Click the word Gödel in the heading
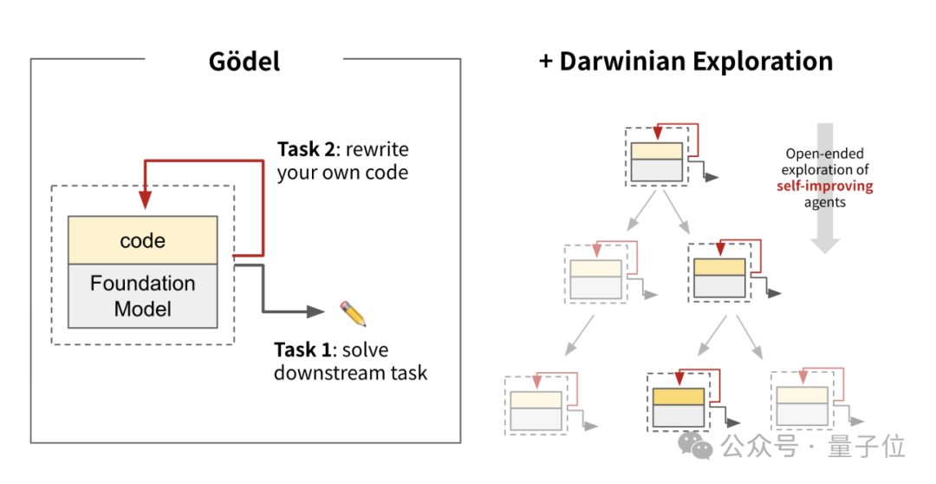pyautogui.click(x=244, y=62)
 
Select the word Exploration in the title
pyautogui.click(x=766, y=62)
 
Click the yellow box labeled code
pyautogui.click(x=142, y=240)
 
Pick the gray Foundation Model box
pyautogui.click(x=142, y=296)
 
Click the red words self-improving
pyautogui.click(x=825, y=186)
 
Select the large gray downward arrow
pyautogui.click(x=825, y=186)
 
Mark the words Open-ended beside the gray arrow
pyautogui.click(x=824, y=154)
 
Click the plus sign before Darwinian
pyautogui.click(x=546, y=62)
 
